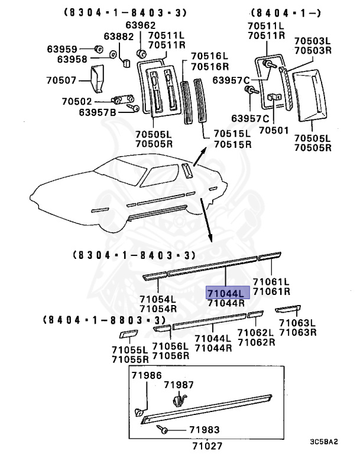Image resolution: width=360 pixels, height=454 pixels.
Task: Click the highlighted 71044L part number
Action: [228, 293]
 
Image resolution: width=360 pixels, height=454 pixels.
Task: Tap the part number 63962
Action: [140, 25]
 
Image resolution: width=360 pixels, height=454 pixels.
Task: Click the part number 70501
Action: [273, 129]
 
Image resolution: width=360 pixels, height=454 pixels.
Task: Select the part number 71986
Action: [145, 376]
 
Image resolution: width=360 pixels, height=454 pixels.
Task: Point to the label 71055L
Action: [131, 350]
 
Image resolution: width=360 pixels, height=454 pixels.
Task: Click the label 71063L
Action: [297, 323]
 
